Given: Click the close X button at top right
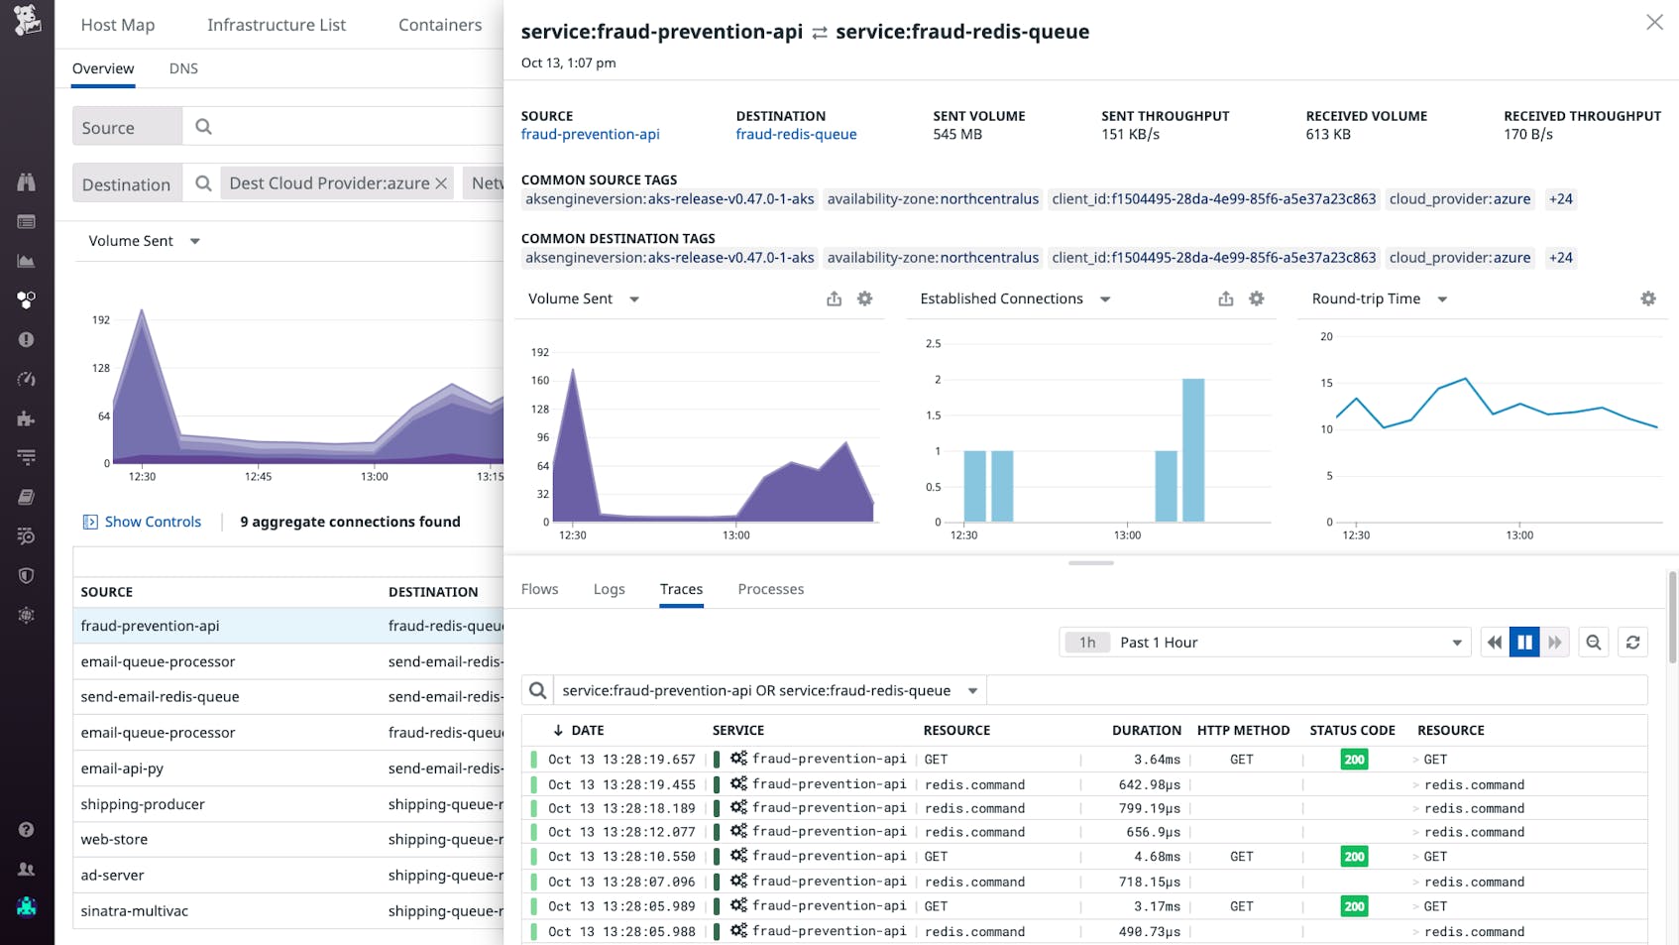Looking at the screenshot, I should pos(1654,22).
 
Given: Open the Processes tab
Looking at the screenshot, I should pos(770,589).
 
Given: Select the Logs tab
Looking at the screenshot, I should pos(609,589).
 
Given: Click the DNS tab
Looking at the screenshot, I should pos(183,68).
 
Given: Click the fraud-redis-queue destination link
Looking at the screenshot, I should pos(796,134).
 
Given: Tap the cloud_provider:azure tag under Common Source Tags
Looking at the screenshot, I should pos(1459,198).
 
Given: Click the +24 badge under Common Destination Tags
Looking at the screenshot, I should pos(1560,257).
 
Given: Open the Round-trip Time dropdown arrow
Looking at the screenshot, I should pos(1442,299).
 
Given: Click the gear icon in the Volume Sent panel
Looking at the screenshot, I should pos(864,298).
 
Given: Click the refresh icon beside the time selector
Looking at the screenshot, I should pos(1632,643).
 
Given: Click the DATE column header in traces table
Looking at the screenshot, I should pos(587,730).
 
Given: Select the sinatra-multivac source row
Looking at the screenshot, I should pos(135,910).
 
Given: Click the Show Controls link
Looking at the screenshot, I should pos(153,522).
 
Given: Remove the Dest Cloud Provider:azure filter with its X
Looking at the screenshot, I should pos(441,183).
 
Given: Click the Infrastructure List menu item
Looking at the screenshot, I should pos(276,25).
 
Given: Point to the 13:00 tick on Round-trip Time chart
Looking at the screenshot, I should pos(1519,534).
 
